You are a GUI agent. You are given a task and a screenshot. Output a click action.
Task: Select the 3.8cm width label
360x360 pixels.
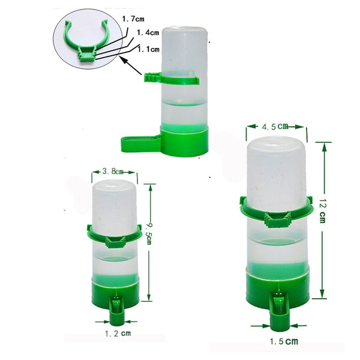tap(113, 173)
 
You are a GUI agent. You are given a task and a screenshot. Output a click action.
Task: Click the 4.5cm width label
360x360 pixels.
tap(275, 126)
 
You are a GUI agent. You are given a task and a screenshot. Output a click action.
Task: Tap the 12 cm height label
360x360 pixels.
tap(323, 213)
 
